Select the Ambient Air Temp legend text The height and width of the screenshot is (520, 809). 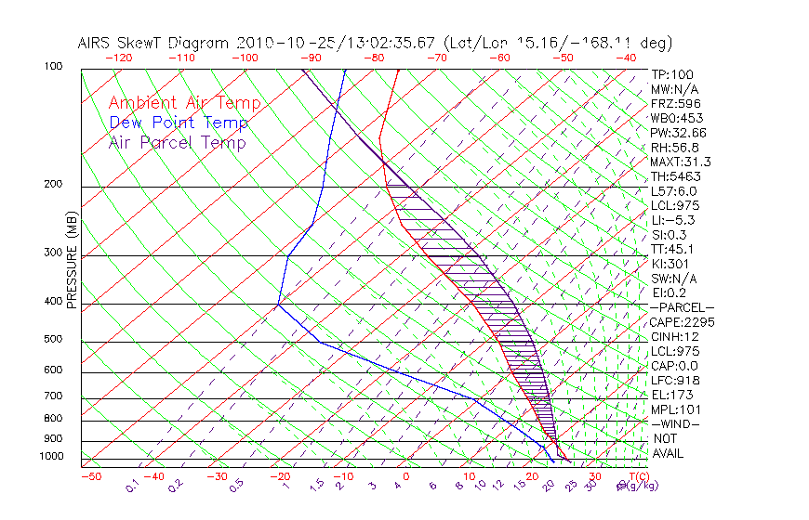tap(184, 103)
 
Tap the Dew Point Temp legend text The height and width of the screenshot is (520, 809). tap(178, 123)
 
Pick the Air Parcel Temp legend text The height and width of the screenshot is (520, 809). tap(177, 142)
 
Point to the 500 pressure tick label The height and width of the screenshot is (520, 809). tap(53, 341)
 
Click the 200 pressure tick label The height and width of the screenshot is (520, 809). tap(53, 185)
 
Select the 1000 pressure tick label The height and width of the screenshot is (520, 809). tap(50, 457)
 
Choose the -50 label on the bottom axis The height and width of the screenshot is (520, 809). tap(90, 476)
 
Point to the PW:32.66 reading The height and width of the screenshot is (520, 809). tap(678, 133)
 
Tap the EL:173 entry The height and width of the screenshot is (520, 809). tap(672, 395)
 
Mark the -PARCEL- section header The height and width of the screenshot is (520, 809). tap(682, 307)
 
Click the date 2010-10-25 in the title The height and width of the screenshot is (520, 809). tap(279, 43)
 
